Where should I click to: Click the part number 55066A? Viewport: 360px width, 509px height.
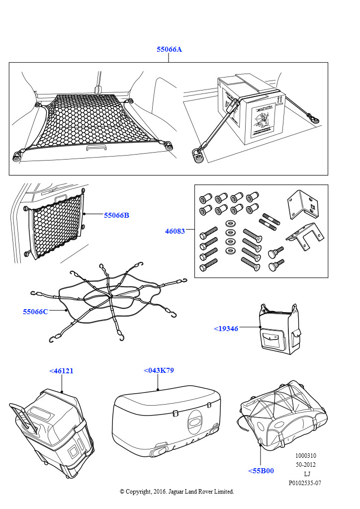point(169,50)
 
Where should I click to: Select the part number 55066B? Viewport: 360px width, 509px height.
point(116,215)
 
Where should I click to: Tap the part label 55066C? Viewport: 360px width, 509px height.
point(35,312)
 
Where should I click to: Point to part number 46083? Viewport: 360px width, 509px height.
point(175,231)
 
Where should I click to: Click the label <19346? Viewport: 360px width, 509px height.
point(226,329)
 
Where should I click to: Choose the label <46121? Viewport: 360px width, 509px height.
point(61,371)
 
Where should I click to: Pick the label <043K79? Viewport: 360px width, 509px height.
point(159,370)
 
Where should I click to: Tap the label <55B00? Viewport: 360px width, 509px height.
point(261,471)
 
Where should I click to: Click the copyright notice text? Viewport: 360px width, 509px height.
point(177,491)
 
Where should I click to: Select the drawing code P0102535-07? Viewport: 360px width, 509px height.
point(305,483)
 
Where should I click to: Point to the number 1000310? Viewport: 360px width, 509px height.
point(305,456)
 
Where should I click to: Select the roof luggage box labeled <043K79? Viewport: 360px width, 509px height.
point(167,418)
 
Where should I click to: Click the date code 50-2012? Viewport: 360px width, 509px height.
point(305,465)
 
